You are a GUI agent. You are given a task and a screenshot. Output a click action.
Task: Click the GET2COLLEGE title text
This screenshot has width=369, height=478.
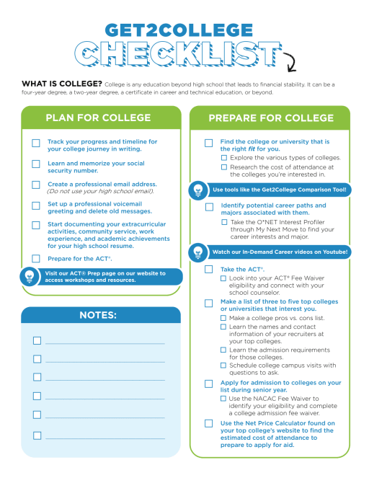click(185, 30)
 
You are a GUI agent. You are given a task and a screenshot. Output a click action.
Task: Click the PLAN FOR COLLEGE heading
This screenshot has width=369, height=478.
click(98, 118)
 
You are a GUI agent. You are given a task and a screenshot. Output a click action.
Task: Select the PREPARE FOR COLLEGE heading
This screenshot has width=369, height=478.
click(270, 118)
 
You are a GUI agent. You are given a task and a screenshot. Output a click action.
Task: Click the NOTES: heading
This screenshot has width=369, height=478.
click(97, 315)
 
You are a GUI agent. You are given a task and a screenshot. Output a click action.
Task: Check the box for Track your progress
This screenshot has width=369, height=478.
click(36, 143)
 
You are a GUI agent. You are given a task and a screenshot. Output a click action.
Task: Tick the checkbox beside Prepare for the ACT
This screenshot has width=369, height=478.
click(36, 258)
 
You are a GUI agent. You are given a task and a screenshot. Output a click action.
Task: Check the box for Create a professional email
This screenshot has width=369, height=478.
click(36, 185)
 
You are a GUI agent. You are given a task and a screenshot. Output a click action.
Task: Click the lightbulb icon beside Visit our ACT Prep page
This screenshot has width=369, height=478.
click(30, 277)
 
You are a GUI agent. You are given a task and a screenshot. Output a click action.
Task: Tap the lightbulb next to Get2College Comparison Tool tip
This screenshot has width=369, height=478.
click(197, 190)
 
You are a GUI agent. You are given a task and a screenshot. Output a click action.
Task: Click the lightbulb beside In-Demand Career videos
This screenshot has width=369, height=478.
click(197, 252)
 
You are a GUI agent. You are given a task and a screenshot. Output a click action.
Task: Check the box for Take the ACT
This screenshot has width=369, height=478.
click(208, 270)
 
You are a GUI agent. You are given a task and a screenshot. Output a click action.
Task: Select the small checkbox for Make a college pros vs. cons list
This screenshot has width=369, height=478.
click(223, 318)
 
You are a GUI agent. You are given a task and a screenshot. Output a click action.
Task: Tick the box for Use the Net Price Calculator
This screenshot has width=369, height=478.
click(208, 423)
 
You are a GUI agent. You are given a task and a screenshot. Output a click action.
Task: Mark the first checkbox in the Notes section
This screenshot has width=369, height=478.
click(37, 340)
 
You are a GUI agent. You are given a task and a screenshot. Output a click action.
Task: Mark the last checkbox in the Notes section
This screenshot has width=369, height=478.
click(37, 435)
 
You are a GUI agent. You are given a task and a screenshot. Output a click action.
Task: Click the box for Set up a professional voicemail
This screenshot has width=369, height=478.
click(36, 205)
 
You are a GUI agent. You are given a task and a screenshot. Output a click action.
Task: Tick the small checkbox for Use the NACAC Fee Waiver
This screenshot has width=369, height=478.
click(223, 399)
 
